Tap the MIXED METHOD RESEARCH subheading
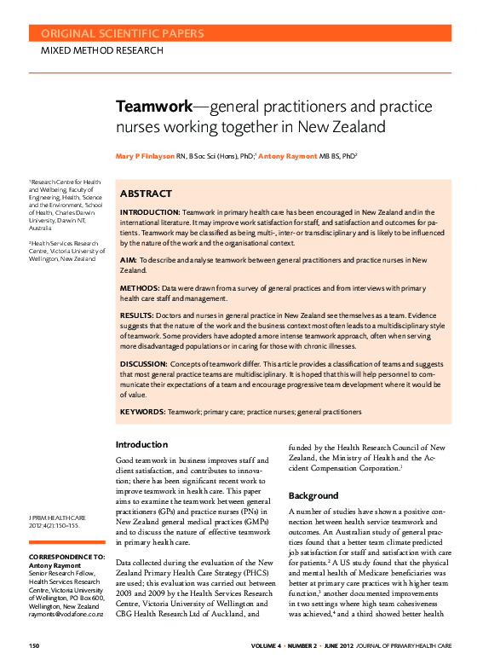tap(102, 51)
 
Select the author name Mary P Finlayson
tap(151, 157)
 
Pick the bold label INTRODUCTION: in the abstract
tap(149, 211)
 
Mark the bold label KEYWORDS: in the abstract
tap(142, 412)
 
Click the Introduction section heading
tap(142, 445)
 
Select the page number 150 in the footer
tap(36, 646)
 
